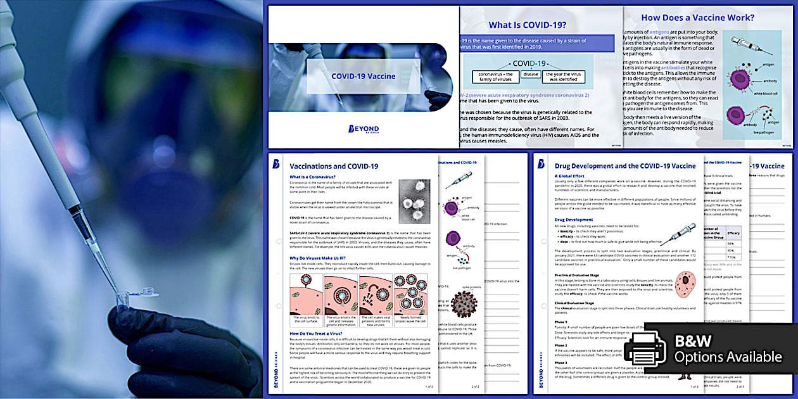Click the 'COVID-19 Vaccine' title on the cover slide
point(364,77)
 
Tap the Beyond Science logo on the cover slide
point(364,129)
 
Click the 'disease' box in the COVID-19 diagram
point(531,74)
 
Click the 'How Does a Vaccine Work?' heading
point(697,18)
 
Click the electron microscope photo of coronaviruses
point(414,201)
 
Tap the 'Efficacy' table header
point(734,232)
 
